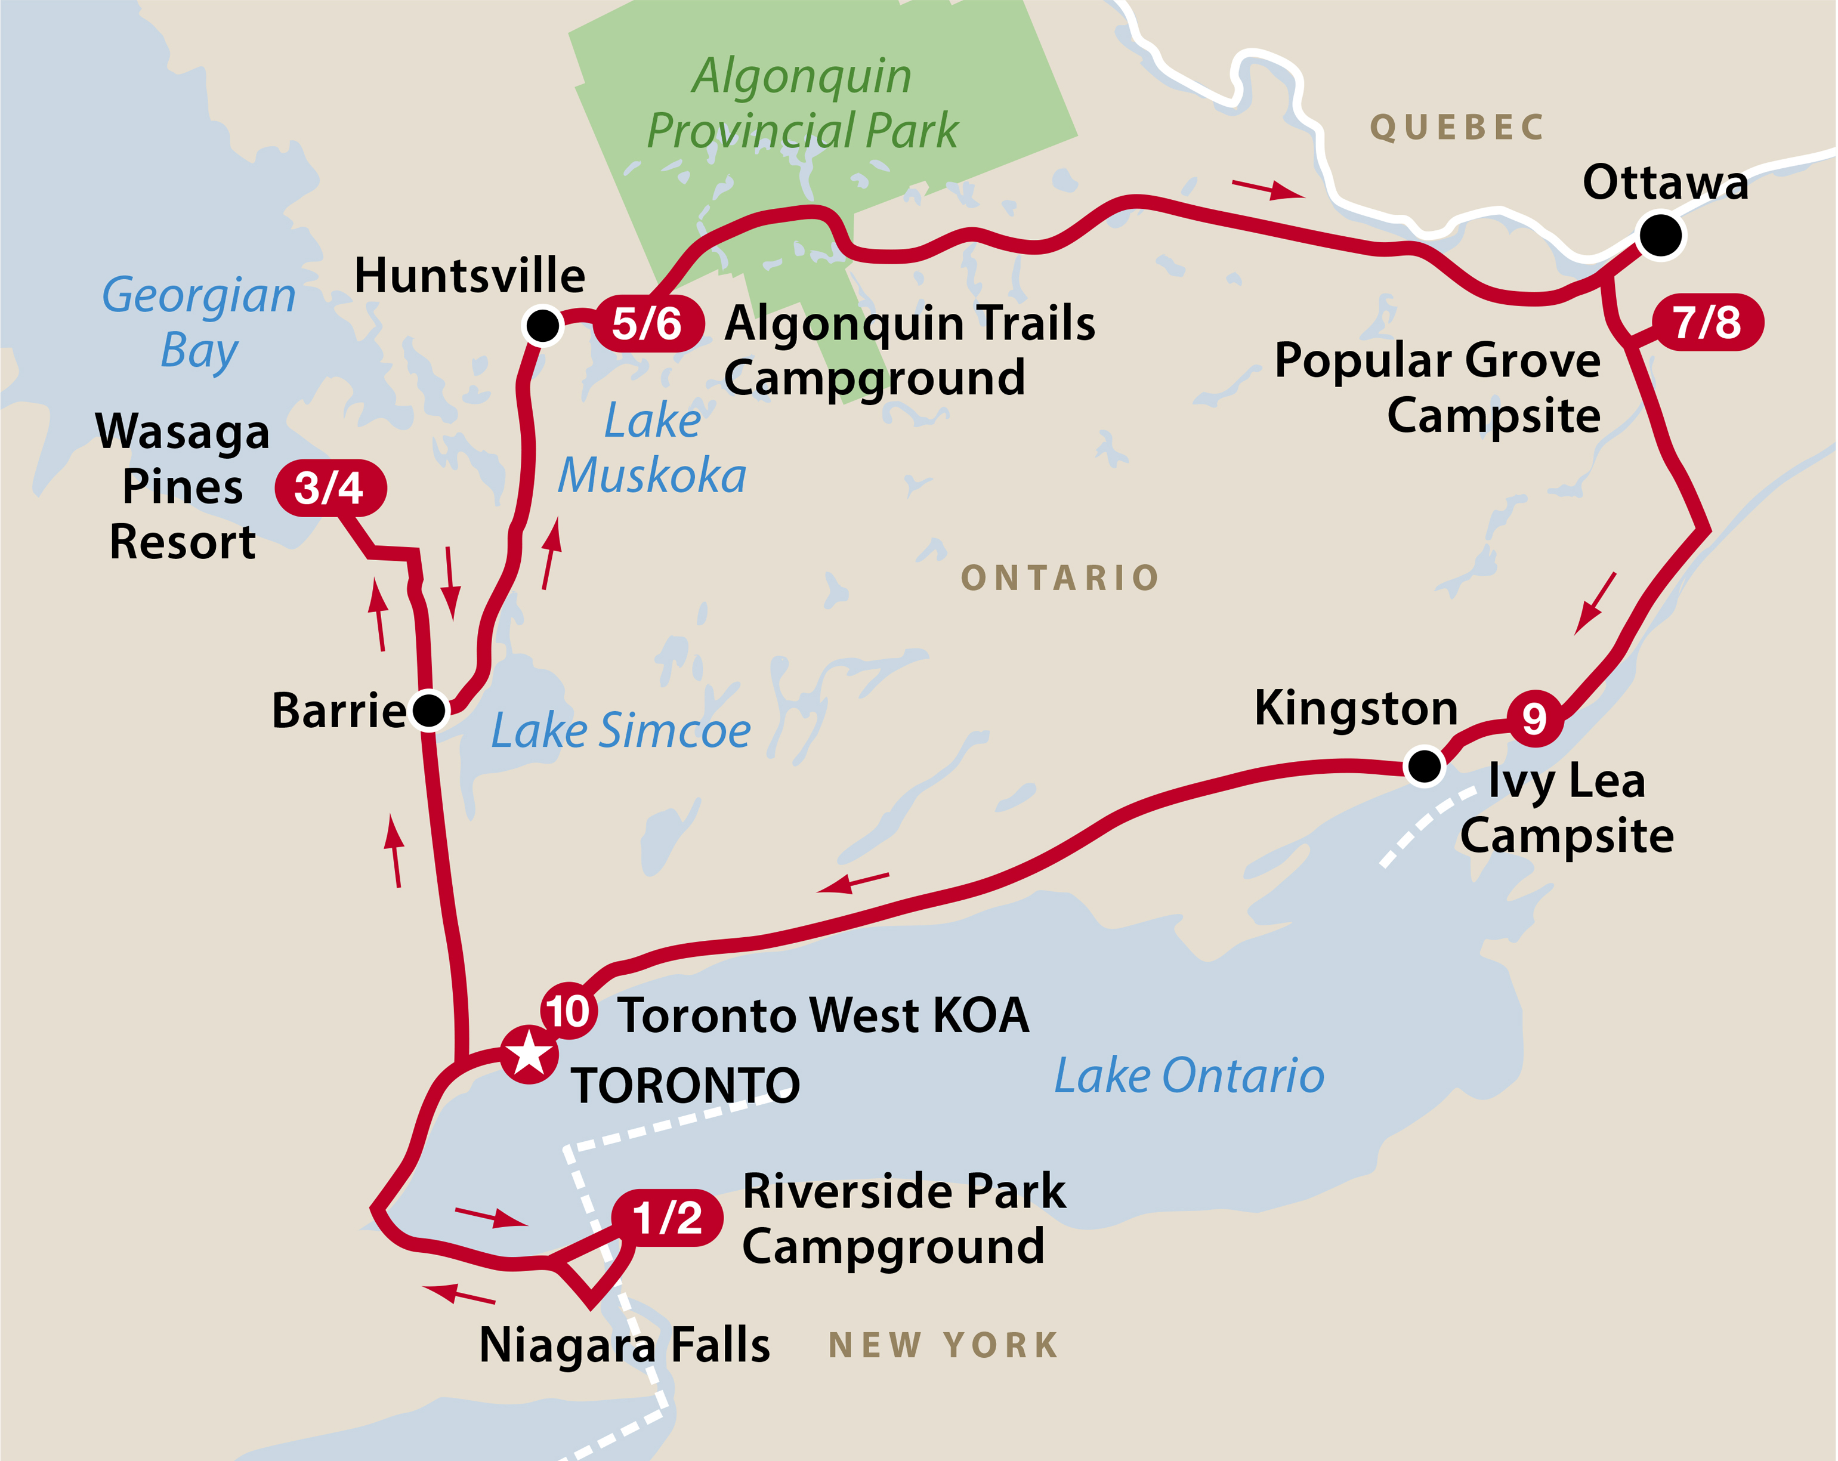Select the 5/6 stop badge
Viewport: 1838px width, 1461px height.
tap(648, 324)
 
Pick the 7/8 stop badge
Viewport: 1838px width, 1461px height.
tap(1707, 322)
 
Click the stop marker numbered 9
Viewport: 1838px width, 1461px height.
tap(1534, 718)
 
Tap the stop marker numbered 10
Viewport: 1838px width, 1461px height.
tap(569, 1012)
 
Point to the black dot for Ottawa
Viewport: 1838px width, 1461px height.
tap(1660, 235)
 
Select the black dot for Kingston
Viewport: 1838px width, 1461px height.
tap(1423, 765)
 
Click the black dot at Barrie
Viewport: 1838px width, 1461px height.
tap(429, 710)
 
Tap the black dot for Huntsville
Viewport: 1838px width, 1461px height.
tap(542, 325)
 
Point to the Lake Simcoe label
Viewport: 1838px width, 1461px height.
tap(620, 731)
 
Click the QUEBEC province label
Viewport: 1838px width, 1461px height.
tap(1457, 128)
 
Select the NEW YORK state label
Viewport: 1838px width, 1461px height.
tap(944, 1346)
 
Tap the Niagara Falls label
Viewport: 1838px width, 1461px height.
tap(624, 1346)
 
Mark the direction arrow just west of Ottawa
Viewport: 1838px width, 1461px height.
tap(1268, 189)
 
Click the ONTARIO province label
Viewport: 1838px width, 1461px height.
tap(1059, 578)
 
